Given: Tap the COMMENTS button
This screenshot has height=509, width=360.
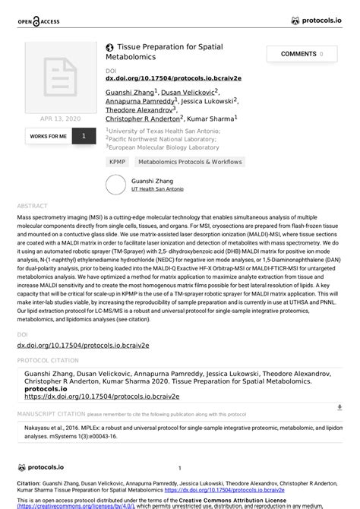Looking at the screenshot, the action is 302,54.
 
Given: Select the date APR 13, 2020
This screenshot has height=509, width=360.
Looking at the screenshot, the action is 60,119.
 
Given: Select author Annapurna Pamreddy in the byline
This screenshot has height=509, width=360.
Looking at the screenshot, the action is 141,100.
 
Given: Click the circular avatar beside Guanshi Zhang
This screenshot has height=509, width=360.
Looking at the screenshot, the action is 115,185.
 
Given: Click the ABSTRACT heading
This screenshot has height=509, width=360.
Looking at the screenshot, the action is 32,206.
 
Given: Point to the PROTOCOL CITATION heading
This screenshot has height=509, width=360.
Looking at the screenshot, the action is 48,360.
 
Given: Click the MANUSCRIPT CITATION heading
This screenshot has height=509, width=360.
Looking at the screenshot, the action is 51,415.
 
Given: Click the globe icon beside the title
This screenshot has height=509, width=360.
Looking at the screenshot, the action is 110,47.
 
